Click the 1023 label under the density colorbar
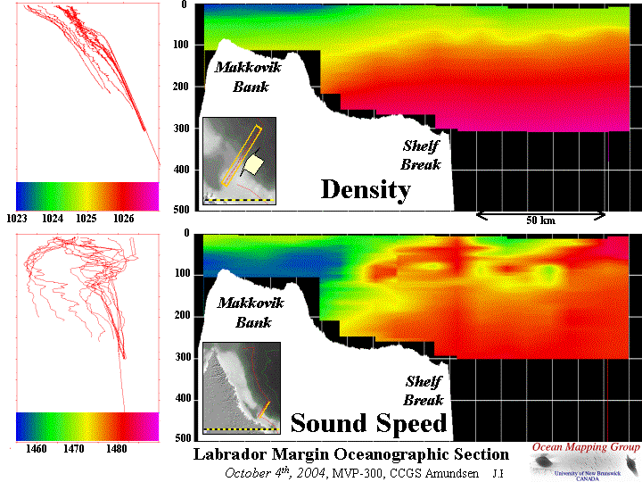point(21,218)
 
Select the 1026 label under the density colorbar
point(123,218)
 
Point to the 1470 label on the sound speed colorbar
point(74,449)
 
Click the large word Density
point(366,189)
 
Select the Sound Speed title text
point(368,422)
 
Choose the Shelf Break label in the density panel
point(420,155)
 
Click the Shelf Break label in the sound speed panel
point(424,390)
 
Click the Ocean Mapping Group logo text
point(585,446)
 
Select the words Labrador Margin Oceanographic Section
point(351,454)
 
